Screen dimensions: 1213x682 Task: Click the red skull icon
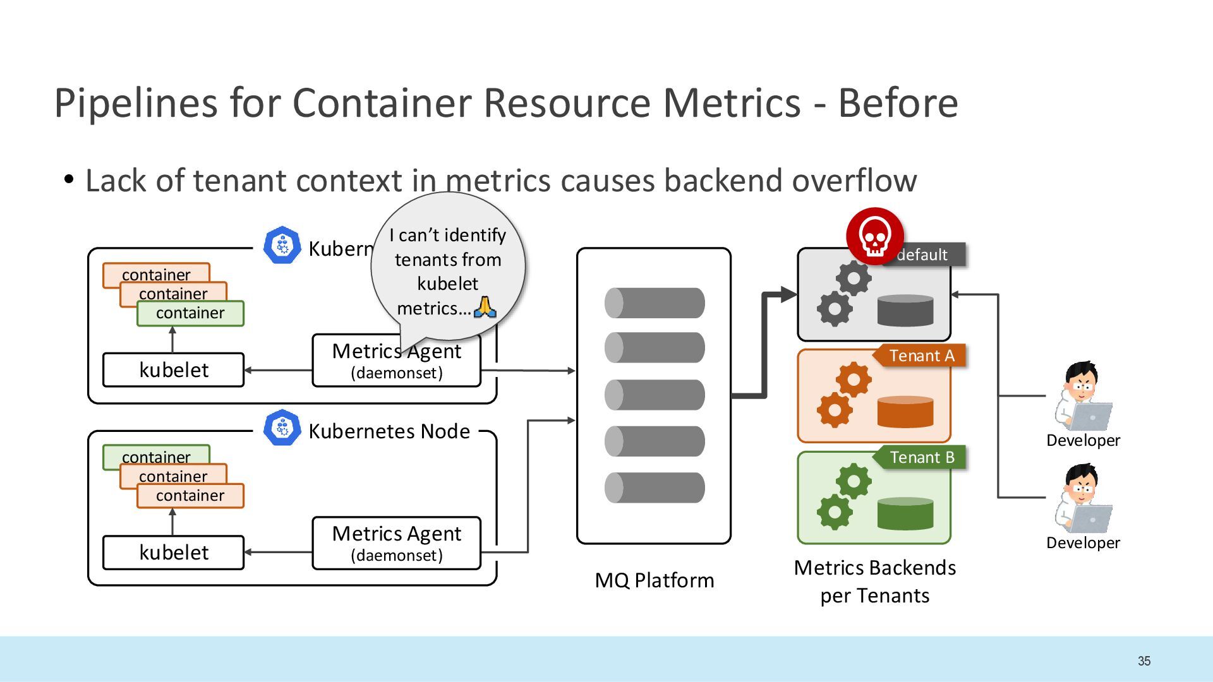click(x=875, y=236)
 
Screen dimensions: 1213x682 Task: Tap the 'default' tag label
click(x=924, y=254)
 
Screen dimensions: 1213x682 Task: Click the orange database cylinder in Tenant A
click(x=905, y=412)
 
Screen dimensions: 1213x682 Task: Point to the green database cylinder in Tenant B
click(x=905, y=513)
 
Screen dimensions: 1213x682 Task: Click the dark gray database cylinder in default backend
click(x=905, y=310)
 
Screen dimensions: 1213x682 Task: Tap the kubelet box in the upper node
click(x=173, y=370)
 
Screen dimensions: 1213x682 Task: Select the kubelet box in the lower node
click(x=173, y=553)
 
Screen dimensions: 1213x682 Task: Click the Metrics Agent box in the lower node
click(x=397, y=543)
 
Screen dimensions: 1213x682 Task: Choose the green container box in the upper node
click(x=190, y=313)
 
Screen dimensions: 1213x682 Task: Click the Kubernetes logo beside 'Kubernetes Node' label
click(x=282, y=428)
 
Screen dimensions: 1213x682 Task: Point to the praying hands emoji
click(x=485, y=307)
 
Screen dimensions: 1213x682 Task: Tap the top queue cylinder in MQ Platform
click(x=655, y=303)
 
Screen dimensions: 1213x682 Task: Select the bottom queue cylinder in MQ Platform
click(x=655, y=488)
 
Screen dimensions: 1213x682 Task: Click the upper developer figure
click(x=1083, y=396)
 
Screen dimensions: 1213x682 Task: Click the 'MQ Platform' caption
click(x=655, y=580)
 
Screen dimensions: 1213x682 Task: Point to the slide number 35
click(x=1144, y=661)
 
